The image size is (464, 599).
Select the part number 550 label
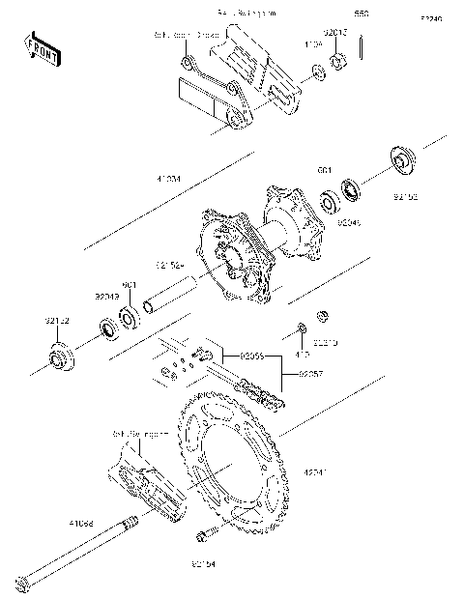point(362,14)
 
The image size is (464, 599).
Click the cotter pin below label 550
point(361,46)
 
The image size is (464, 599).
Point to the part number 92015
point(335,32)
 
